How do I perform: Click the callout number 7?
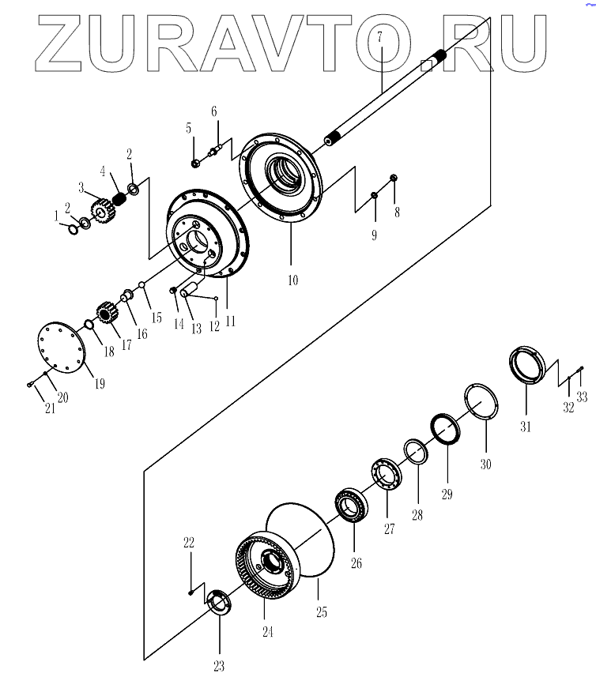click(379, 37)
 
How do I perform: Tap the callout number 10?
click(292, 280)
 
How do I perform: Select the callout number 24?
click(267, 631)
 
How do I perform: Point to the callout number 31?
click(526, 427)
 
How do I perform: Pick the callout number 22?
click(188, 543)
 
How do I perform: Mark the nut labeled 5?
click(194, 164)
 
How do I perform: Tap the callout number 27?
click(389, 529)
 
